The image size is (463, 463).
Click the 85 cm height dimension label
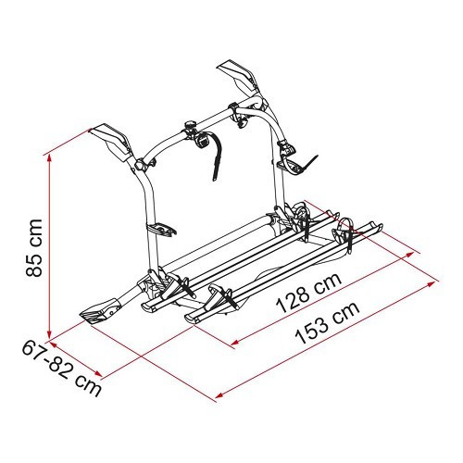pyautogui.click(x=34, y=248)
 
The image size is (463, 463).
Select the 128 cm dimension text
pyautogui.click(x=309, y=292)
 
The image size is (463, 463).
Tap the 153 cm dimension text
pyautogui.click(x=328, y=322)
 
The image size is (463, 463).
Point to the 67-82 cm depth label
pyautogui.click(x=61, y=369)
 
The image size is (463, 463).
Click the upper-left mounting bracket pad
pyautogui.click(x=110, y=138)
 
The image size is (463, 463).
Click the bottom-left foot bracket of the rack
pyautogui.click(x=99, y=310)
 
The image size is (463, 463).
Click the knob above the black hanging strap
pyautogui.click(x=190, y=126)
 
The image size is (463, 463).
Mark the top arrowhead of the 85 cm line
pyautogui.click(x=49, y=156)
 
